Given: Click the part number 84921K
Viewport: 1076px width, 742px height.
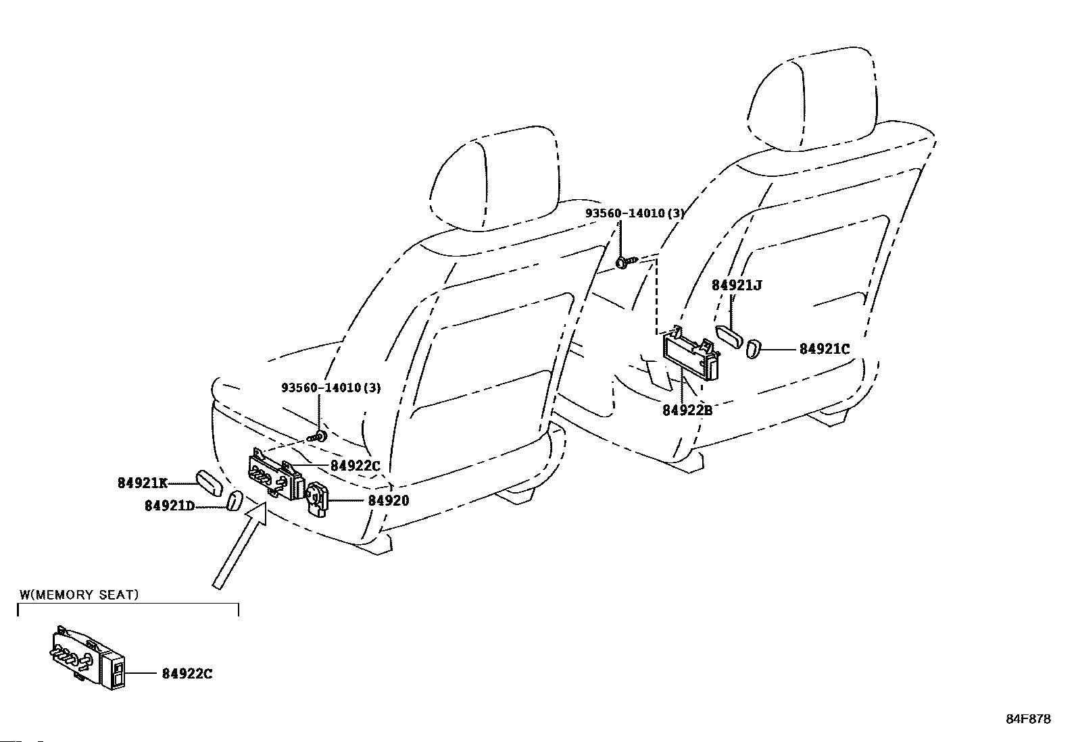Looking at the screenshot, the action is [x=143, y=483].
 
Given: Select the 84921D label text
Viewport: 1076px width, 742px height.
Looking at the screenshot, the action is [x=170, y=506].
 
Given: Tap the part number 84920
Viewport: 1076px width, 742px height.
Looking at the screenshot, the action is [x=389, y=500].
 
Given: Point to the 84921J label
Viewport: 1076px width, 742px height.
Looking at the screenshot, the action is [x=737, y=285].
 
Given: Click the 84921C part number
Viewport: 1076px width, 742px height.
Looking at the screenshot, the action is [x=825, y=349].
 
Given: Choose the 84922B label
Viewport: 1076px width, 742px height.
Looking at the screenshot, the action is [x=687, y=410].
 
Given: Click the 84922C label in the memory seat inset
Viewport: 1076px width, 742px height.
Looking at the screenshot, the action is [x=187, y=674].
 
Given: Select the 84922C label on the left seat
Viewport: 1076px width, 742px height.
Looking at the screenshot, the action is [x=355, y=466].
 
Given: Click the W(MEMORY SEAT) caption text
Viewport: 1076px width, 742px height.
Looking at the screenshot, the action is [x=79, y=595].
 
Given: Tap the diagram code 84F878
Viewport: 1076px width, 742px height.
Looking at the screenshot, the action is [x=1029, y=718].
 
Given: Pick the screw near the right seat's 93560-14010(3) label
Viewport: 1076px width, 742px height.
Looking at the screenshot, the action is [x=627, y=261].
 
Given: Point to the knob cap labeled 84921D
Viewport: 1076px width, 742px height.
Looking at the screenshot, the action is [x=234, y=502].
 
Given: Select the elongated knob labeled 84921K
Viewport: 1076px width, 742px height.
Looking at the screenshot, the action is [x=209, y=483].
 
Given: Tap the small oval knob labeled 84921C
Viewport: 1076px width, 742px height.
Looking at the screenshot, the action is [x=752, y=348].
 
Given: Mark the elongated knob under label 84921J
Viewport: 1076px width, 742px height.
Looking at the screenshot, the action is [x=729, y=337].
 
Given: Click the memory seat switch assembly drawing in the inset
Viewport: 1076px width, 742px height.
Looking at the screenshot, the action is [x=88, y=658].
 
